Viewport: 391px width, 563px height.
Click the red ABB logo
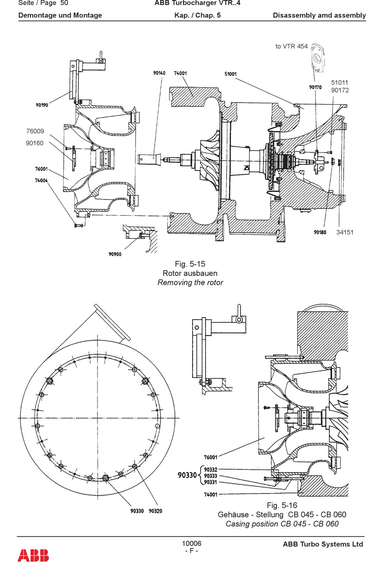tap(33, 555)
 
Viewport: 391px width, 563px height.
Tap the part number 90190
tap(42, 105)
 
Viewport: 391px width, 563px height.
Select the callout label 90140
tap(159, 73)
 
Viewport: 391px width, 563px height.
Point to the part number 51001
tap(230, 74)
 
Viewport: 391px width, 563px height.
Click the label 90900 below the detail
tap(115, 254)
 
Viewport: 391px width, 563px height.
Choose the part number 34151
tap(345, 232)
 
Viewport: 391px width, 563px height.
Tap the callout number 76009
tap(35, 131)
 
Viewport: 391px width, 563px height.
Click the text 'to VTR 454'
tap(291, 46)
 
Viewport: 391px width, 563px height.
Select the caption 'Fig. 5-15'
tap(190, 264)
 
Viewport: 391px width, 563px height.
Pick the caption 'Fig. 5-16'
tap(282, 505)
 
